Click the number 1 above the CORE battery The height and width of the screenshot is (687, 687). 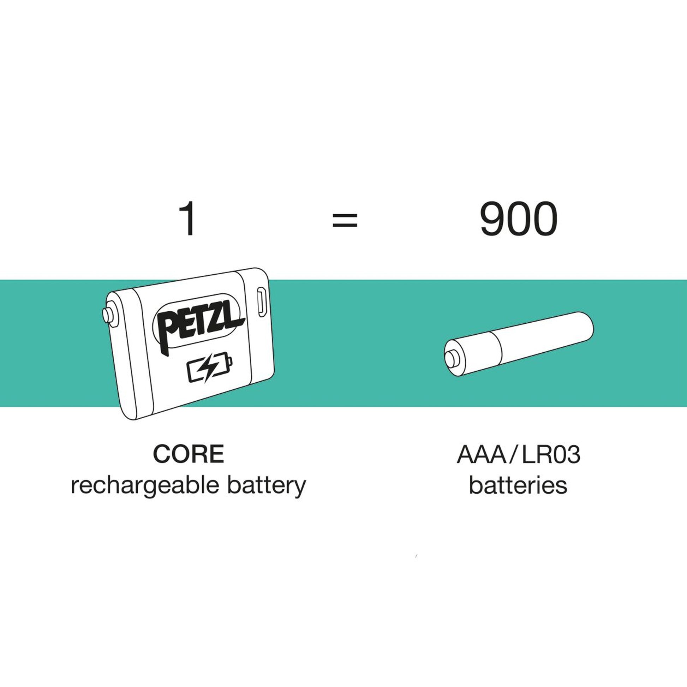click(x=187, y=218)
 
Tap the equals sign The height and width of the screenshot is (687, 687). click(x=345, y=220)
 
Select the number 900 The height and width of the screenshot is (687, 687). click(x=519, y=219)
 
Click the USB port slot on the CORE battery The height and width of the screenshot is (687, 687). click(x=262, y=302)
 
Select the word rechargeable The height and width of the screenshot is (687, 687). click(x=145, y=486)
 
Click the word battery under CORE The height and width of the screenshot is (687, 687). click(x=267, y=486)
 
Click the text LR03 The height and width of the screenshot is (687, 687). click(x=551, y=454)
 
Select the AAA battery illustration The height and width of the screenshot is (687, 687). click(x=519, y=344)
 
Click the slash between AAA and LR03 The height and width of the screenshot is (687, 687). click(x=514, y=454)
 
